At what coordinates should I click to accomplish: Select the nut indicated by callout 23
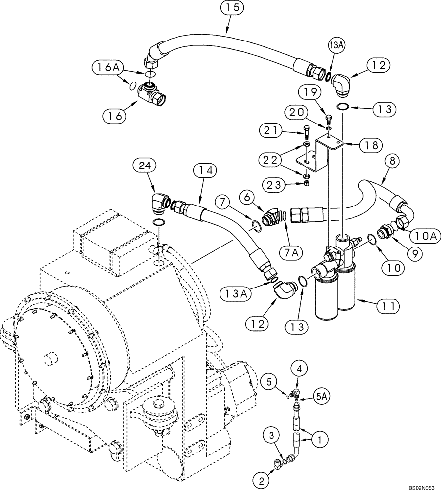pos(307,184)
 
